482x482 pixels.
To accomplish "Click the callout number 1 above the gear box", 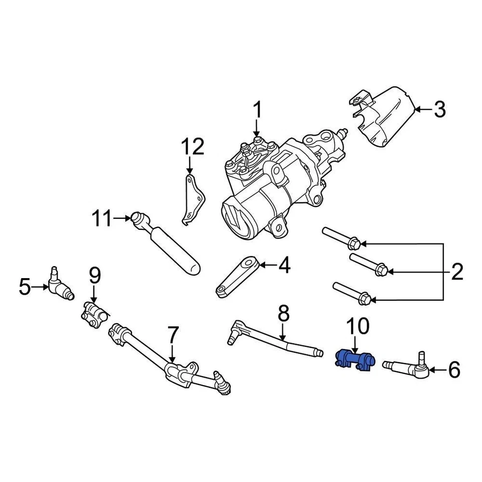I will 257,109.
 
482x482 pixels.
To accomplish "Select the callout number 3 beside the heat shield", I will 440,109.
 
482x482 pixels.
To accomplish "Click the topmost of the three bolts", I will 341,238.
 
